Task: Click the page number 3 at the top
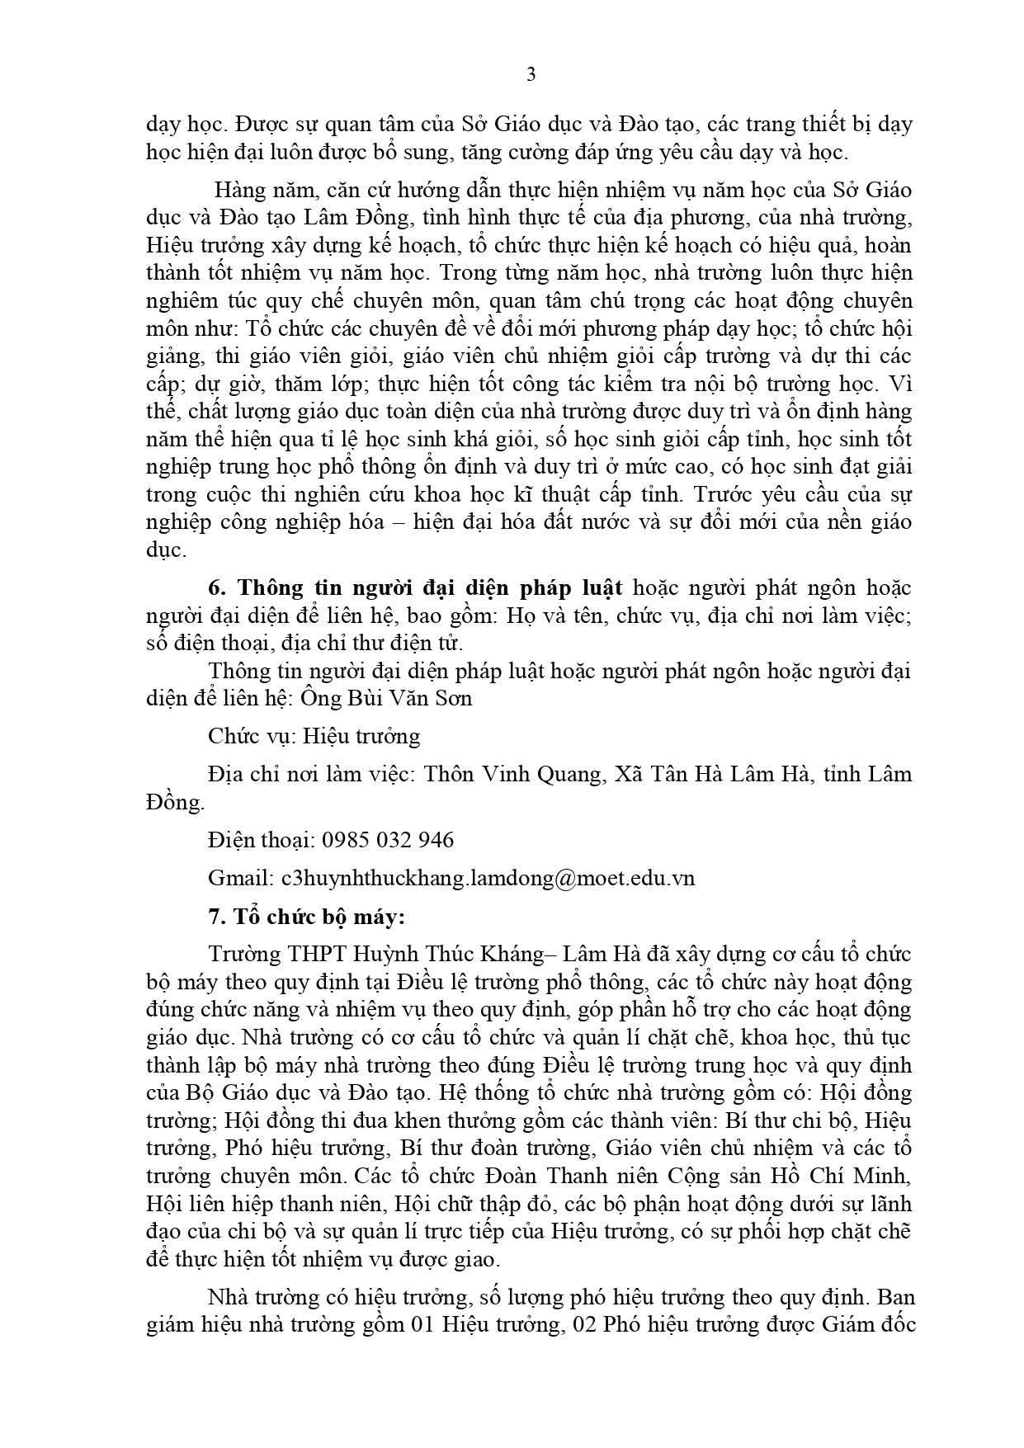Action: coord(531,75)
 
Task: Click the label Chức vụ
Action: coord(252,736)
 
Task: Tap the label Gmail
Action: coord(239,878)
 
